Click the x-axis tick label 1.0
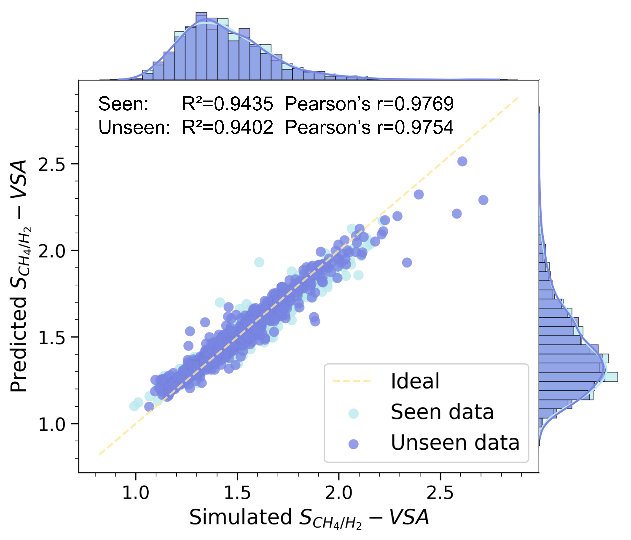pos(136,493)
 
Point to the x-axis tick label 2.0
pos(338,493)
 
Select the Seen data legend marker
pos(353,413)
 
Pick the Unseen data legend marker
pos(353,444)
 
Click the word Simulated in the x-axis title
pos(241,517)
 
